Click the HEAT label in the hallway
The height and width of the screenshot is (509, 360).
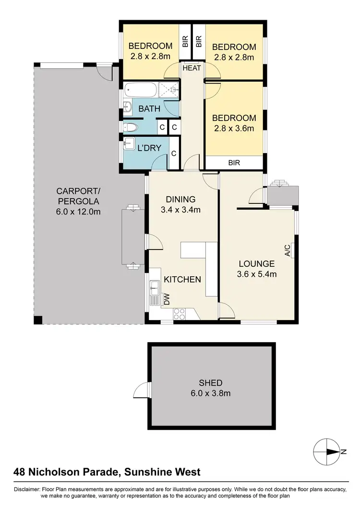192,68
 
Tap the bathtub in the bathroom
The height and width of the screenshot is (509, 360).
140,90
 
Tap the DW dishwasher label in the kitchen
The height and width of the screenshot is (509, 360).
167,300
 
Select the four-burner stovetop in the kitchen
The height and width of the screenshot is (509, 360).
179,313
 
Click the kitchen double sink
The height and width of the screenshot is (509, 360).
155,289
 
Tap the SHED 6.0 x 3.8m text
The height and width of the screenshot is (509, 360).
211,388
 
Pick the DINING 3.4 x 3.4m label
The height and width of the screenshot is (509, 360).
181,204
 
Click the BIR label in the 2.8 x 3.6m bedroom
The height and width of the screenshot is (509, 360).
234,163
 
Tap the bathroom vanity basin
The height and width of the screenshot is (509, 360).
128,107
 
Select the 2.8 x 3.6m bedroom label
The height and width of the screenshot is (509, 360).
234,123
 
